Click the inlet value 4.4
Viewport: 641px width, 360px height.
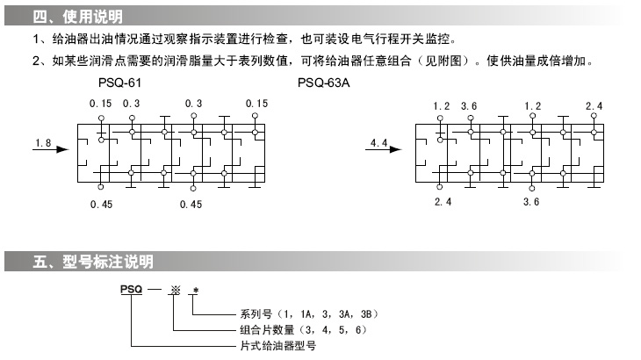coord(379,140)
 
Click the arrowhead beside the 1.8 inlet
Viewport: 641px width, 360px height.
coord(62,149)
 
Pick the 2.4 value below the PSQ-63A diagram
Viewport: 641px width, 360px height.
coord(443,202)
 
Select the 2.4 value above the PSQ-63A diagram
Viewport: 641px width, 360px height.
coord(594,105)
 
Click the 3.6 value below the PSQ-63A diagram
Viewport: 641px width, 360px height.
coord(530,202)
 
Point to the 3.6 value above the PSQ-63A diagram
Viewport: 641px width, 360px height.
coord(469,105)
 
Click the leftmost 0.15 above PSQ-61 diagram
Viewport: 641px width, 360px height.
coord(101,104)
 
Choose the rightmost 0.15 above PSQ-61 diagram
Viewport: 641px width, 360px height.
coord(256,104)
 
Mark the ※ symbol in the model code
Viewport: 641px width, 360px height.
coord(175,289)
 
